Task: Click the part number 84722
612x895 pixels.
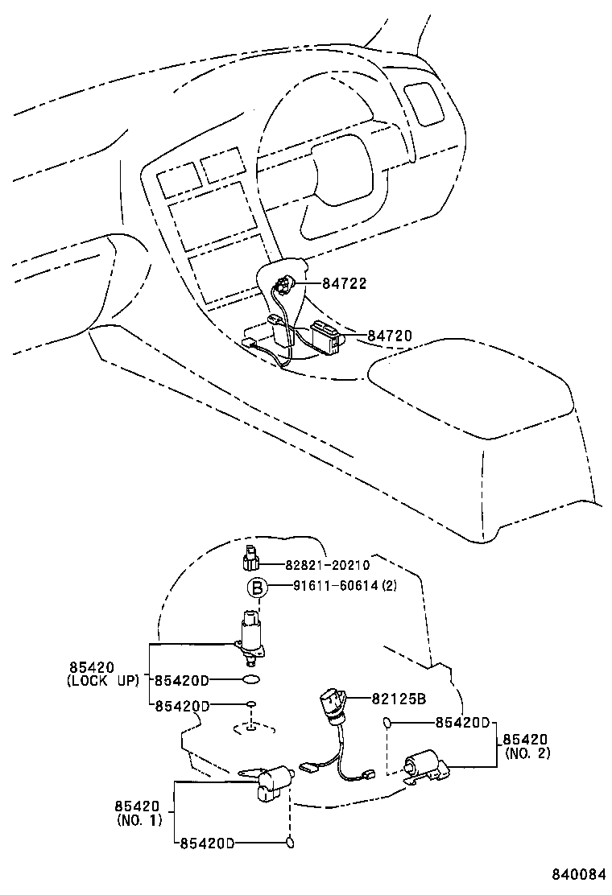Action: [345, 283]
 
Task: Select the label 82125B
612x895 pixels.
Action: [398, 699]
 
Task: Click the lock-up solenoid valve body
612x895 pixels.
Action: [251, 636]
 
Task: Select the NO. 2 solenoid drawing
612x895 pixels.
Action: [424, 766]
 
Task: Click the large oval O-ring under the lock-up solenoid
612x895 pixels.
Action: [251, 681]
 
